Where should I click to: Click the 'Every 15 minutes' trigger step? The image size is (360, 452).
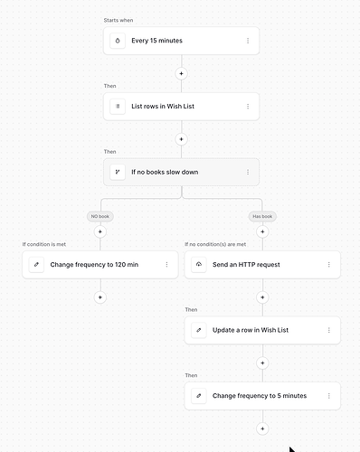pos(181,41)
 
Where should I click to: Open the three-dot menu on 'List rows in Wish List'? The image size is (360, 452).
pos(248,107)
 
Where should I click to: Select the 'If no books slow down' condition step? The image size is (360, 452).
pos(181,172)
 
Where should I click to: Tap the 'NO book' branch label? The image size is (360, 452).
pos(100,216)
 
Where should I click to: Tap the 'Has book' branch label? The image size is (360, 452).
pos(262,216)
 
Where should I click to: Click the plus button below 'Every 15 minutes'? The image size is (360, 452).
pos(181,73)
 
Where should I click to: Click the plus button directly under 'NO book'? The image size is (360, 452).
pos(100,231)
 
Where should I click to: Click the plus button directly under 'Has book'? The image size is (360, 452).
pos(262,231)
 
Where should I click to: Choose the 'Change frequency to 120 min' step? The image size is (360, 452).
pos(100,265)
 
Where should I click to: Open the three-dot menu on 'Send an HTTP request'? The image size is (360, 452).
pos(329,265)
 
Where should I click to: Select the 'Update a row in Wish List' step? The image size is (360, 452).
pos(262,330)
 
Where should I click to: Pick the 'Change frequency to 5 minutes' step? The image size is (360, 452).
pos(262,396)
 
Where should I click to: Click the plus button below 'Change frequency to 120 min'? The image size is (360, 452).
pos(100,297)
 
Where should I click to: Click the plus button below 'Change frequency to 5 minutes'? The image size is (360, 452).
pos(262,428)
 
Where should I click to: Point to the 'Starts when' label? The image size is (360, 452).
pos(118,20)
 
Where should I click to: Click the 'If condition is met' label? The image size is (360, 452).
pos(44,244)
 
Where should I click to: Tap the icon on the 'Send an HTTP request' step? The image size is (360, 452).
pos(199,265)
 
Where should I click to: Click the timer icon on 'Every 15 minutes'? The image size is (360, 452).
pos(118,41)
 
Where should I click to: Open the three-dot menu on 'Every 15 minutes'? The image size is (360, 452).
pos(248,41)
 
